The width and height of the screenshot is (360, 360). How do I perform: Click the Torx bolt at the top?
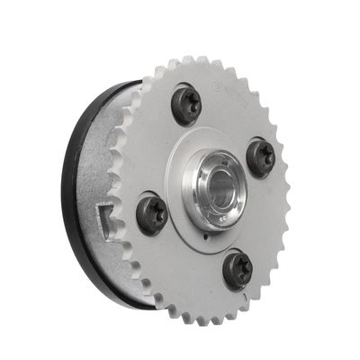click(186, 105)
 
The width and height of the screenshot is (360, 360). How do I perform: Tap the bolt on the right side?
click(260, 157)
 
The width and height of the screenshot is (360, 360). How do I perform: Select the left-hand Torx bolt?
click(151, 215)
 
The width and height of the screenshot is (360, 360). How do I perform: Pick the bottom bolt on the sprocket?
click(238, 269)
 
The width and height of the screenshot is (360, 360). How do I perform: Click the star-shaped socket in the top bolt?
click(187, 105)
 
